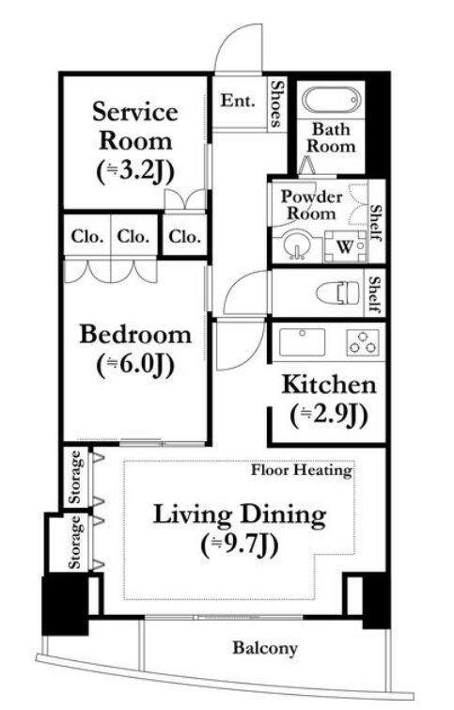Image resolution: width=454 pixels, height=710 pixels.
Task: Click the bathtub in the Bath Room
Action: [x=331, y=102]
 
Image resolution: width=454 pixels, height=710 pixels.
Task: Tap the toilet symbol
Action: [x=338, y=292]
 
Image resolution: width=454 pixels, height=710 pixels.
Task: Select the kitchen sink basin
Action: [x=302, y=342]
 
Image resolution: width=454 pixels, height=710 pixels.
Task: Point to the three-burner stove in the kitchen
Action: [x=363, y=342]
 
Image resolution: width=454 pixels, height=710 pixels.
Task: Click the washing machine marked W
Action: [x=346, y=246]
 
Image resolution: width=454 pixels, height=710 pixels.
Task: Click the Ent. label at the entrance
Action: [x=238, y=100]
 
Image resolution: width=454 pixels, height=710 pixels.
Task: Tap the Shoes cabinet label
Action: [x=277, y=104]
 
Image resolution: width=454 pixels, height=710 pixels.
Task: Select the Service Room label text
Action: [x=135, y=126]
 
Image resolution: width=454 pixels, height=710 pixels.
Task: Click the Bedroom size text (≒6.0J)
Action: [x=135, y=365]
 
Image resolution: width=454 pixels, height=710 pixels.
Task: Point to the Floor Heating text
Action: [x=302, y=470]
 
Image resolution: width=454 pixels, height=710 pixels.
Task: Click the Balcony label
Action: [x=265, y=648]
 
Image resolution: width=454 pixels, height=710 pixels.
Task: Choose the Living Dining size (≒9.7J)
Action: [x=240, y=544]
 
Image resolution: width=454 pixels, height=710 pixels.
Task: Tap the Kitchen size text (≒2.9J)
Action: [x=329, y=416]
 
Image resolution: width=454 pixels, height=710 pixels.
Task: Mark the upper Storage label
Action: [x=75, y=478]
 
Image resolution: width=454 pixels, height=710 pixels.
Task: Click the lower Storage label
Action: [x=75, y=542]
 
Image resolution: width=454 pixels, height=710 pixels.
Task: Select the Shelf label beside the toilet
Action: [x=375, y=294]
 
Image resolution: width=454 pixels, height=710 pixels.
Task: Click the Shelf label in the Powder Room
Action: [x=376, y=222]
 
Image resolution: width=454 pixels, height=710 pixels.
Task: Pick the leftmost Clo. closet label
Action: [x=87, y=236]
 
